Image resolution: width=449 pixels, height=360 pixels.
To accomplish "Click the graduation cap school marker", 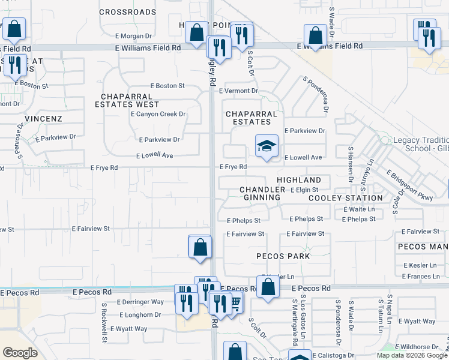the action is tap(267, 146).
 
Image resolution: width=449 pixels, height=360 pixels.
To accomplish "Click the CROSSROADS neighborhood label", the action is tap(127, 11).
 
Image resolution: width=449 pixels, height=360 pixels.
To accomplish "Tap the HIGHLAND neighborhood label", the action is tap(299, 180).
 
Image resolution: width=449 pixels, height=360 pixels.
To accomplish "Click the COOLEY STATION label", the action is tap(346, 197).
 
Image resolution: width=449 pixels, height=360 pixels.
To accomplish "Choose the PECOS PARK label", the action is tap(283, 256).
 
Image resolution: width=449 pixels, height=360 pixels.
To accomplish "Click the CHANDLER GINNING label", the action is tap(261, 193).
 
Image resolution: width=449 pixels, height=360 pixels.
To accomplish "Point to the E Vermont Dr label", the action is tap(238, 91).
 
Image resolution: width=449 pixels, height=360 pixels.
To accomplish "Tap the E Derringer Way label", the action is tap(141, 302).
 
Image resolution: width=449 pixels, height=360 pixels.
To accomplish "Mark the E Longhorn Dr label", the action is tap(140, 314).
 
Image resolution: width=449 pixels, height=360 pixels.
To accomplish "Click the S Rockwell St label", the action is tap(104, 322).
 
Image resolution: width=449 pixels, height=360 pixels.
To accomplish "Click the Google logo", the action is tap(20, 353).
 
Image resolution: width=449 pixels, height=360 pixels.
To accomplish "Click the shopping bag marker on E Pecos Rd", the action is tap(268, 287).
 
